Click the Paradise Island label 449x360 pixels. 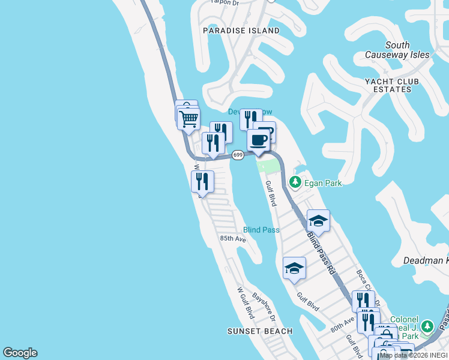tap(241, 31)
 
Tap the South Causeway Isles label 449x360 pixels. tap(397, 50)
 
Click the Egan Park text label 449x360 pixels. tap(322, 183)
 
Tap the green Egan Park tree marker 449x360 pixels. tap(295, 182)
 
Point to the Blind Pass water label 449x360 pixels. tap(261, 230)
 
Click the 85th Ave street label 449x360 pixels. tap(233, 239)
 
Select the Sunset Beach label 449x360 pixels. tap(260, 331)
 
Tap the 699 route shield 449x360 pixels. tap(238, 155)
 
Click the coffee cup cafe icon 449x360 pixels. tap(259, 140)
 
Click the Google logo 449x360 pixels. tap(20, 353)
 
